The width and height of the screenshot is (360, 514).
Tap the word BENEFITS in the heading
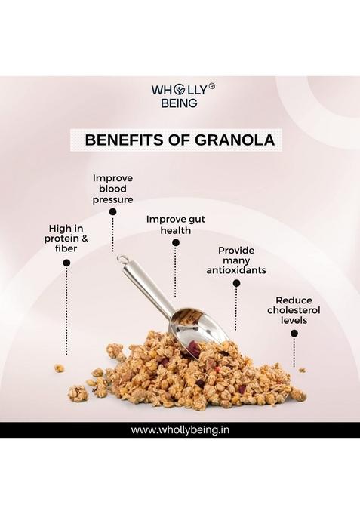[121, 140]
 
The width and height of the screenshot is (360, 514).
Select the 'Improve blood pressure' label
[113, 189]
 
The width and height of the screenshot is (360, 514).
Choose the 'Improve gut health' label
[175, 225]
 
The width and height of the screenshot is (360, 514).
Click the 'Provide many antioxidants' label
[236, 260]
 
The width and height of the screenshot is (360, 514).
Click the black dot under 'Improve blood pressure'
[113, 212]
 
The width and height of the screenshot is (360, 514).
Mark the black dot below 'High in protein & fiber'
[66, 263]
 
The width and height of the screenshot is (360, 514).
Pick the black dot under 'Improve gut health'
[176, 243]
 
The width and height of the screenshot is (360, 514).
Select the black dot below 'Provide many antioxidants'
[236, 283]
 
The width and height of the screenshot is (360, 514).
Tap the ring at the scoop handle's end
[121, 260]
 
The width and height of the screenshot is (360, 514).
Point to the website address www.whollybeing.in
[180, 430]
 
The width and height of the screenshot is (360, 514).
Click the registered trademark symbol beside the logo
[212, 86]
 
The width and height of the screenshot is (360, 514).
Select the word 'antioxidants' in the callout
[236, 270]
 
